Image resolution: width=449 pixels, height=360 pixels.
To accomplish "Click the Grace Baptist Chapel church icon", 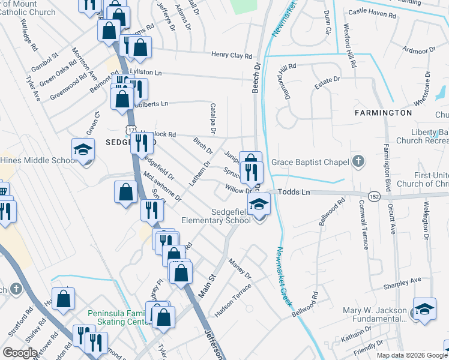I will [358, 161].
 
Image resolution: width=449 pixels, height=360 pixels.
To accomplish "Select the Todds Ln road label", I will [297, 192].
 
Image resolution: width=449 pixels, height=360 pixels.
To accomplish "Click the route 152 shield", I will [373, 197].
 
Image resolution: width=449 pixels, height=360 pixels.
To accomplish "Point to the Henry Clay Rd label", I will [232, 55].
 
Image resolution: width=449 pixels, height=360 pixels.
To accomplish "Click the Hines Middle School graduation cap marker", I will [83, 150].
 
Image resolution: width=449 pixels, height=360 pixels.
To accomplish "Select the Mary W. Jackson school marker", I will [424, 310].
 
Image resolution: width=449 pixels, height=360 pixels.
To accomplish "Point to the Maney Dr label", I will [240, 269].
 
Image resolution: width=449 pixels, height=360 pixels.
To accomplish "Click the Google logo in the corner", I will [20, 353].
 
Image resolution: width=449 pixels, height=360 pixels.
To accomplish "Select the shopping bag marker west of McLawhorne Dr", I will [126, 193].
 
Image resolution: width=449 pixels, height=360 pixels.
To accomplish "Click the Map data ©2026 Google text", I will [411, 355].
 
